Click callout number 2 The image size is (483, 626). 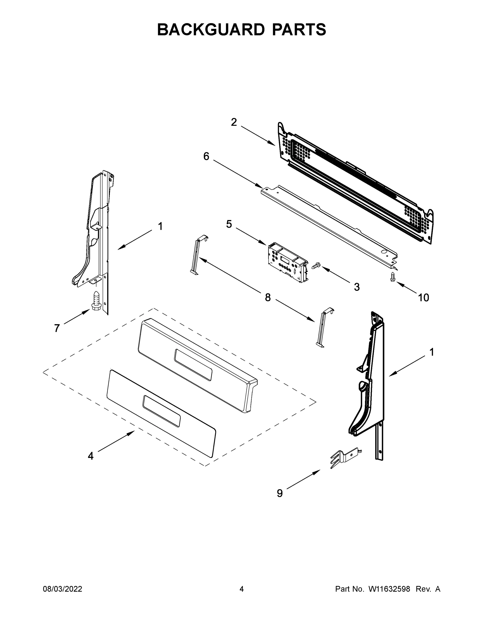tap(234, 122)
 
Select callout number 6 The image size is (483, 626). tap(206, 156)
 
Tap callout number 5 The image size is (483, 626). tap(229, 224)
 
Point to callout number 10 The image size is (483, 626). tap(423, 298)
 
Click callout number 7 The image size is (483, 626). tap(57, 328)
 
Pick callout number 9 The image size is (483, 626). tap(280, 493)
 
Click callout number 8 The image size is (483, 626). tap(268, 298)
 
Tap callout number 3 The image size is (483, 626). tap(356, 287)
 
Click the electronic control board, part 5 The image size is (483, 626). tap(287, 262)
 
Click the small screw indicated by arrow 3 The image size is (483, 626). tap(316, 266)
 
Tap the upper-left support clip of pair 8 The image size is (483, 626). tap(198, 255)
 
